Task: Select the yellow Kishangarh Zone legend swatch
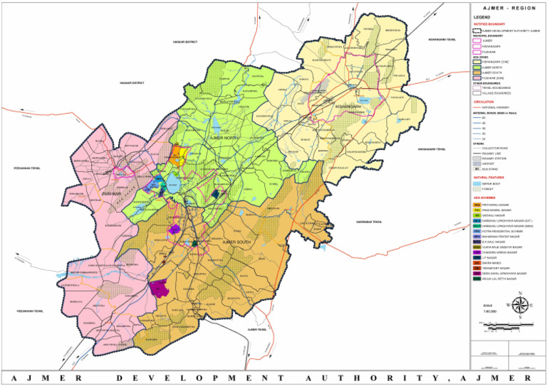click(x=476, y=62)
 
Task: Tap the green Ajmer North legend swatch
click(x=476, y=67)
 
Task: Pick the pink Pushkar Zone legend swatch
click(x=476, y=77)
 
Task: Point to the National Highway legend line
click(x=476, y=107)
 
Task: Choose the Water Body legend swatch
click(x=476, y=183)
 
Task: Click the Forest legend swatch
click(x=476, y=189)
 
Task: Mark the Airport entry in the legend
click(x=476, y=163)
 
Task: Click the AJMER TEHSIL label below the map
click(x=257, y=330)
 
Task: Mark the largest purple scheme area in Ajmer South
click(x=158, y=288)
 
